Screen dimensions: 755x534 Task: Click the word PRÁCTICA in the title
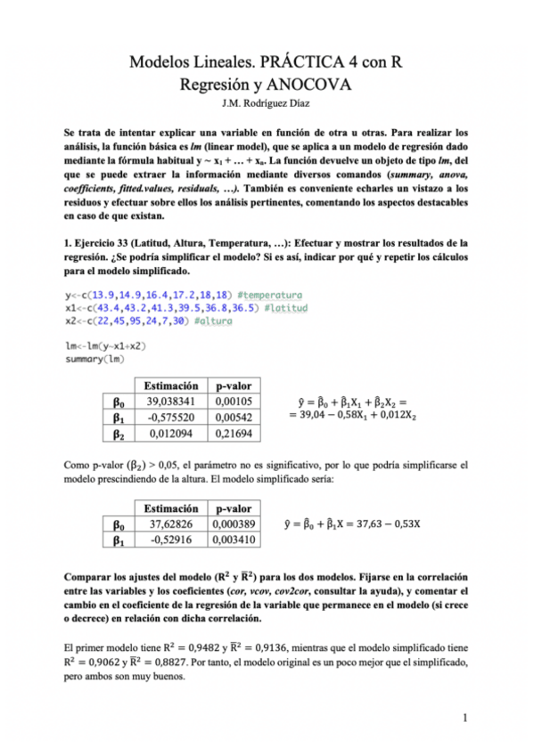[x=309, y=62]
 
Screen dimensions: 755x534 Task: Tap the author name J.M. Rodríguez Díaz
[x=267, y=106]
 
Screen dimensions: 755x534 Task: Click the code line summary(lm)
[x=94, y=359]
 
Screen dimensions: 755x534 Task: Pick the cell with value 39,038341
[x=171, y=402]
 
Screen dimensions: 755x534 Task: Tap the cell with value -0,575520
[x=171, y=418]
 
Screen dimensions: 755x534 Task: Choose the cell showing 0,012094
[x=171, y=434]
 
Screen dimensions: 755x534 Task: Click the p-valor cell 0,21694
[x=234, y=434]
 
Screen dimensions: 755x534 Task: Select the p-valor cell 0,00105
[x=234, y=402]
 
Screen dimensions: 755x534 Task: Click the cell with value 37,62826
[x=171, y=523]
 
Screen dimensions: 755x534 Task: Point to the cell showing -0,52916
[x=171, y=539]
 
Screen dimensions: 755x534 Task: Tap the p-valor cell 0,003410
[x=235, y=539]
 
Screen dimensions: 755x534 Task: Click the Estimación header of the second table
[x=171, y=507]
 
